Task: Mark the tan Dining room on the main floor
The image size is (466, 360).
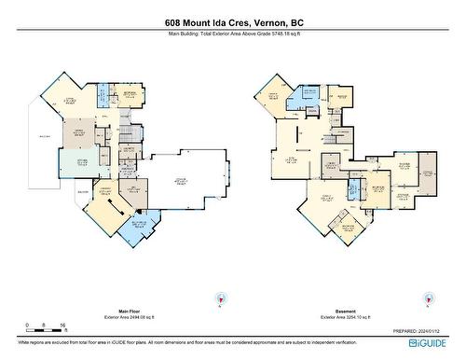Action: (74, 138)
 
